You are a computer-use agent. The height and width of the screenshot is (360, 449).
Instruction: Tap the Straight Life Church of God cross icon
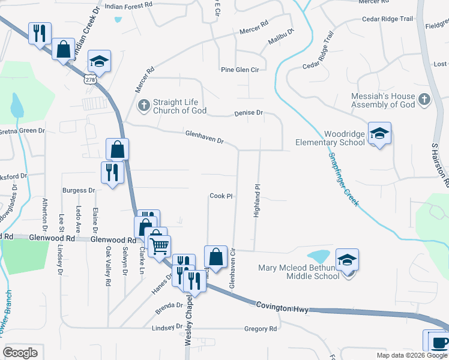(143, 106)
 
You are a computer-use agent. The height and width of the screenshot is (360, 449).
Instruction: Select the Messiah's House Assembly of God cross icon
(424, 100)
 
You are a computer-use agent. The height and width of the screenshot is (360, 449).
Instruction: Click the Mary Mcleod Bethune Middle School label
(299, 272)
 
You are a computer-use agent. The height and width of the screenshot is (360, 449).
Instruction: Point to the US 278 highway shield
(91, 79)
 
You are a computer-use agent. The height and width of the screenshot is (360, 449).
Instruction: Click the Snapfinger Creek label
(343, 179)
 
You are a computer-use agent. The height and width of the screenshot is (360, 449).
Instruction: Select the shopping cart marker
(159, 245)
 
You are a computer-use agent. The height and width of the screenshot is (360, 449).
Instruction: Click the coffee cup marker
(438, 342)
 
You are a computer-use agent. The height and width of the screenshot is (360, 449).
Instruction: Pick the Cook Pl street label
(221, 196)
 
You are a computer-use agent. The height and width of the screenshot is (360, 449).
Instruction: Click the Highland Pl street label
(256, 200)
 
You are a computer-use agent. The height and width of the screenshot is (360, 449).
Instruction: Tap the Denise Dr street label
(249, 113)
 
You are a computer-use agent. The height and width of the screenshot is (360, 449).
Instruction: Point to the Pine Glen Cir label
(240, 70)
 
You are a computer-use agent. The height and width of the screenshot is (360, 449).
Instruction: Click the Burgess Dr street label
(79, 191)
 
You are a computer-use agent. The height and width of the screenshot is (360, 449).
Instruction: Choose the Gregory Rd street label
(261, 329)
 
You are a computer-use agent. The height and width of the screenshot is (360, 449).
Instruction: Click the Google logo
(20, 353)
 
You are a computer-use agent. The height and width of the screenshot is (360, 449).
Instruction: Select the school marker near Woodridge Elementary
(379, 134)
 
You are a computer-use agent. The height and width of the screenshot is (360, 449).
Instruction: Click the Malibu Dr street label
(282, 37)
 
